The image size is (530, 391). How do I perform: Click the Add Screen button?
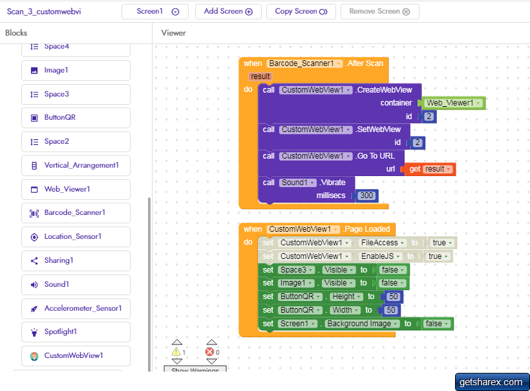click(228, 12)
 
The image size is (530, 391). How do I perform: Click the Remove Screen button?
click(379, 12)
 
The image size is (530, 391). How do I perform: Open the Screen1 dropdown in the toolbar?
click(155, 12)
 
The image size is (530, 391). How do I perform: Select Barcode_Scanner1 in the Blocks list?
click(76, 213)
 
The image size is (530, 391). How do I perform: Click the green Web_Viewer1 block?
click(453, 103)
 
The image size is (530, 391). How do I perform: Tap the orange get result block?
click(430, 169)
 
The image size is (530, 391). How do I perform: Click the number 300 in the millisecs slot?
click(366, 195)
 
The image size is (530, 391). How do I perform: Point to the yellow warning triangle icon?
click(176, 352)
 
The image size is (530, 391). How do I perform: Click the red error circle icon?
click(209, 352)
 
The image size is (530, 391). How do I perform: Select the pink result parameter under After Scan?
click(260, 76)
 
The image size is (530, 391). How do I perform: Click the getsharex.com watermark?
click(492, 382)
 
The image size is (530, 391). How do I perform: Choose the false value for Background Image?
click(436, 324)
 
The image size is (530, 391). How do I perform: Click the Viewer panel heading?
click(173, 33)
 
